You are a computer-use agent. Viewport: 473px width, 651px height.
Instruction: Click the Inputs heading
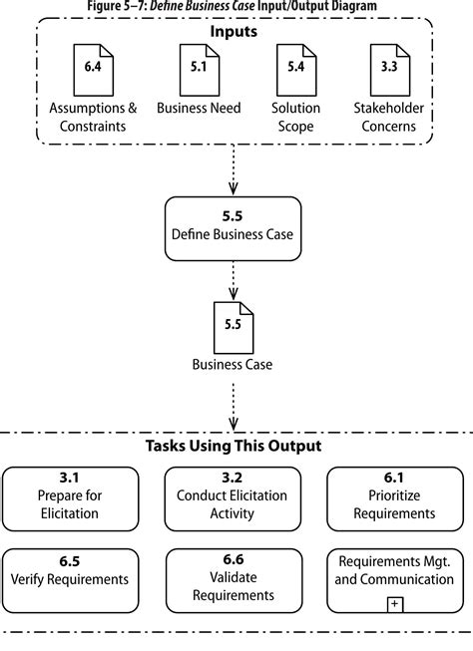(233, 31)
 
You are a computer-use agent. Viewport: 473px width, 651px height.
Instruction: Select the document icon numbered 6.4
(92, 69)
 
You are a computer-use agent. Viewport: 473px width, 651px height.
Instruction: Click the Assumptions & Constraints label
(93, 116)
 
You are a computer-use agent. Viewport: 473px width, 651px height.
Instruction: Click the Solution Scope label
(295, 116)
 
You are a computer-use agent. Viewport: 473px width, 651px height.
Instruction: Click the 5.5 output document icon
(233, 327)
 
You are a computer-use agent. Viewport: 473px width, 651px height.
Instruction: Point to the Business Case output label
(233, 364)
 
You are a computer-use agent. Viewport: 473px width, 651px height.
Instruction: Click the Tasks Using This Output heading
(234, 446)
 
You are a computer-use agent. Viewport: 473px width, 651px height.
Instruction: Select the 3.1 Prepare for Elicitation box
(69, 495)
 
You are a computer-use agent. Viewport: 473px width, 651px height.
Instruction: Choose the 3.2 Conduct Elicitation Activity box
(232, 495)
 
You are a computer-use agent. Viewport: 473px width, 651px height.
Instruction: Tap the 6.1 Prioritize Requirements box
(395, 495)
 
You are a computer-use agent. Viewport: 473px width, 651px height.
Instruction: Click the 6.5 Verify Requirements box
(69, 578)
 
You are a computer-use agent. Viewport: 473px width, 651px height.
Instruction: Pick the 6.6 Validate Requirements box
(232, 578)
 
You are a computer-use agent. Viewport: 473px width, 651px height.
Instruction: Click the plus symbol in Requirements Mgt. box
(395, 604)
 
